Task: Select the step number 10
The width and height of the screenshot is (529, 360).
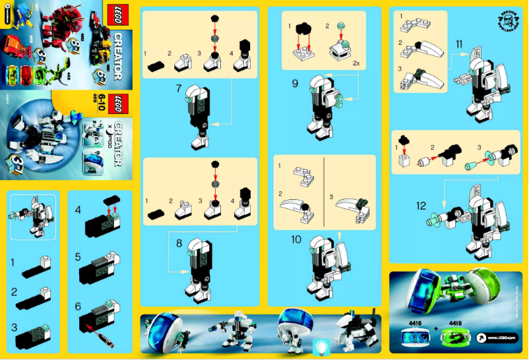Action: point(296,238)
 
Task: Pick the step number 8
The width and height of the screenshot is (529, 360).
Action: point(178,243)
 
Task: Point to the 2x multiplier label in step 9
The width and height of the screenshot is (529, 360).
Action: point(356,64)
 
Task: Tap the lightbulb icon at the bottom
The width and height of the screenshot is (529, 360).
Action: point(322,346)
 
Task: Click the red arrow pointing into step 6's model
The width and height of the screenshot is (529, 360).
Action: point(88,320)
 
